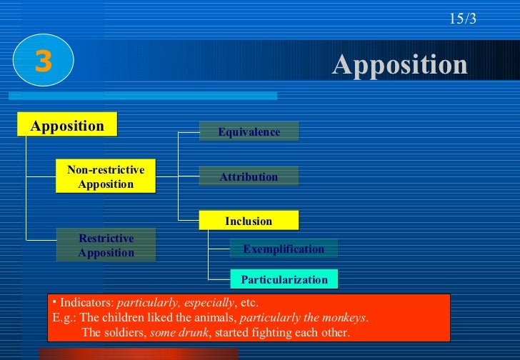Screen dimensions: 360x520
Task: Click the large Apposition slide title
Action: tap(399, 66)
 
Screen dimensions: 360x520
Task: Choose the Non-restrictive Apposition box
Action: tap(106, 176)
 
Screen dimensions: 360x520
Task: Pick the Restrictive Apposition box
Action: tap(106, 245)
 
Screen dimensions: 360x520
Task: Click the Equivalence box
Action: tap(249, 132)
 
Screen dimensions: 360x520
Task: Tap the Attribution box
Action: tap(249, 177)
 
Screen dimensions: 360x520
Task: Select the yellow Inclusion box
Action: tap(249, 221)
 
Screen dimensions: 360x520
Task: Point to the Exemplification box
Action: tap(284, 249)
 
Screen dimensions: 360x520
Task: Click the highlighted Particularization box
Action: tap(284, 279)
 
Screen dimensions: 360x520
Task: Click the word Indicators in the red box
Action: tap(86, 302)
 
